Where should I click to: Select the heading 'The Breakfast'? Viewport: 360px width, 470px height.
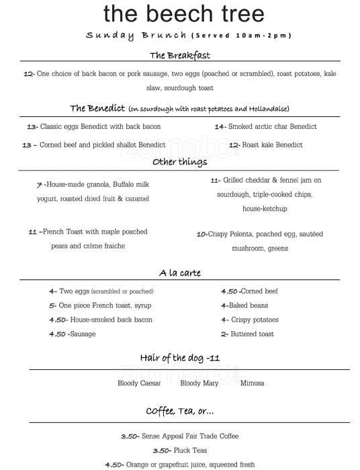[x=179, y=55]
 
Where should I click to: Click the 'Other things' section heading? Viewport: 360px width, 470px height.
[x=179, y=162]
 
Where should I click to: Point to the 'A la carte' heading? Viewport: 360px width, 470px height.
[x=179, y=273]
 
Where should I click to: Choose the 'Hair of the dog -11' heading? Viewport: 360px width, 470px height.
[x=179, y=357]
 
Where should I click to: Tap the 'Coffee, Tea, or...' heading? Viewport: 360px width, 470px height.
[x=179, y=410]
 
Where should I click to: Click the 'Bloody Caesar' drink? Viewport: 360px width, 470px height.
[x=139, y=383]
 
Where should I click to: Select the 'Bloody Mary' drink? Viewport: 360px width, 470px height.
[x=199, y=383]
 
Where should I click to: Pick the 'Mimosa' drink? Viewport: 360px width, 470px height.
[x=252, y=383]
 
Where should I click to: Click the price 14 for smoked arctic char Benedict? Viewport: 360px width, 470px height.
[x=219, y=126]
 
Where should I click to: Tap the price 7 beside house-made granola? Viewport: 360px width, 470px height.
[x=40, y=184]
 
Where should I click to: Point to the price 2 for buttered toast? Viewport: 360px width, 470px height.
[x=224, y=334]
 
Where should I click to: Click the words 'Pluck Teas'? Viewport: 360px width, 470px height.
[x=191, y=450]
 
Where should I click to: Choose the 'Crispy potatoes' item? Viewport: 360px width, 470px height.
[x=255, y=320]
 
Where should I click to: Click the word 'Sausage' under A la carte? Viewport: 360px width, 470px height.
[x=83, y=334]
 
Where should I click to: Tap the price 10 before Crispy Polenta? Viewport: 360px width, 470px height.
[x=200, y=234]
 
